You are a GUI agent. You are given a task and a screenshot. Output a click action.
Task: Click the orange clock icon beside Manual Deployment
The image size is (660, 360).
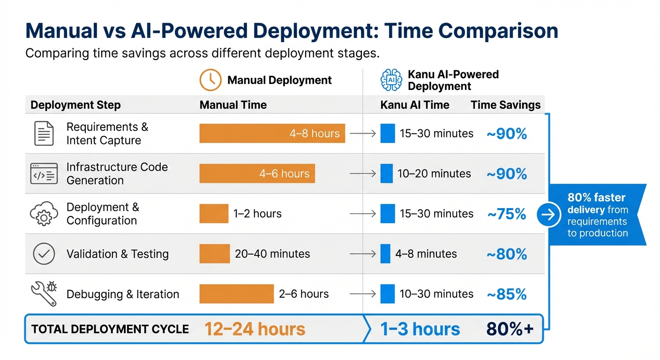210,80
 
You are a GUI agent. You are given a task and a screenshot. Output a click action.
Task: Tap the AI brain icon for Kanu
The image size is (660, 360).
391,80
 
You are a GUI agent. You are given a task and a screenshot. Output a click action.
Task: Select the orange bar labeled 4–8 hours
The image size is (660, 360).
272,133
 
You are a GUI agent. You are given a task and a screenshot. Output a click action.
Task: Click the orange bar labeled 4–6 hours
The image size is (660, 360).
257,173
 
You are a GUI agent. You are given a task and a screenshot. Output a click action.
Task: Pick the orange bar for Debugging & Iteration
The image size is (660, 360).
236,294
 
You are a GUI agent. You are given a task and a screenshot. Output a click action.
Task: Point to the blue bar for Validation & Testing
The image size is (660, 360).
385,254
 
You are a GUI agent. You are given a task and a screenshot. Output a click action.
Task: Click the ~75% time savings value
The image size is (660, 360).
507,214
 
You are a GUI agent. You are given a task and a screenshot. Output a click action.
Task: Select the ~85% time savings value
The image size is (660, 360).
507,294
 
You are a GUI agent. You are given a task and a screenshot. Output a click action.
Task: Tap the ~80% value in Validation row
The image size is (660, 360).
507,254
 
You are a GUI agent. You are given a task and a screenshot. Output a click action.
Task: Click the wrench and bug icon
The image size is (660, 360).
44,294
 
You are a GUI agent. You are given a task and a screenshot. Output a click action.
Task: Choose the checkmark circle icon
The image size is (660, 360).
44,254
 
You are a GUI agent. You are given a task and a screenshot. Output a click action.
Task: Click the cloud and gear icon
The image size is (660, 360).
44,214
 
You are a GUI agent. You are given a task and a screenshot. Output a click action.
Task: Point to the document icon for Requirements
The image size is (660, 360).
44,133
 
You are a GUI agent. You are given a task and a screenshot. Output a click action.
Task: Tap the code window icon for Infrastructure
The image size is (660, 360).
44,173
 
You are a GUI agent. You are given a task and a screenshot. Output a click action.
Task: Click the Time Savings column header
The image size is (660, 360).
505,105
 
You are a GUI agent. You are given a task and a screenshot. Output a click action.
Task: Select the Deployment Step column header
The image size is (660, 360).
75,105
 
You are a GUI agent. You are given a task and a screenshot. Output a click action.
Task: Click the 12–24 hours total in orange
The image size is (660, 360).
255,329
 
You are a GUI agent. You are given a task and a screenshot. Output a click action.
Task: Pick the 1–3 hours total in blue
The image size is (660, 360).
420,329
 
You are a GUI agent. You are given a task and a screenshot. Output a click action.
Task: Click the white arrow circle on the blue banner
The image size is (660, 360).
548,215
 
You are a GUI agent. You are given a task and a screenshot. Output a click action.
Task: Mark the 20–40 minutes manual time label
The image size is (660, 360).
272,254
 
